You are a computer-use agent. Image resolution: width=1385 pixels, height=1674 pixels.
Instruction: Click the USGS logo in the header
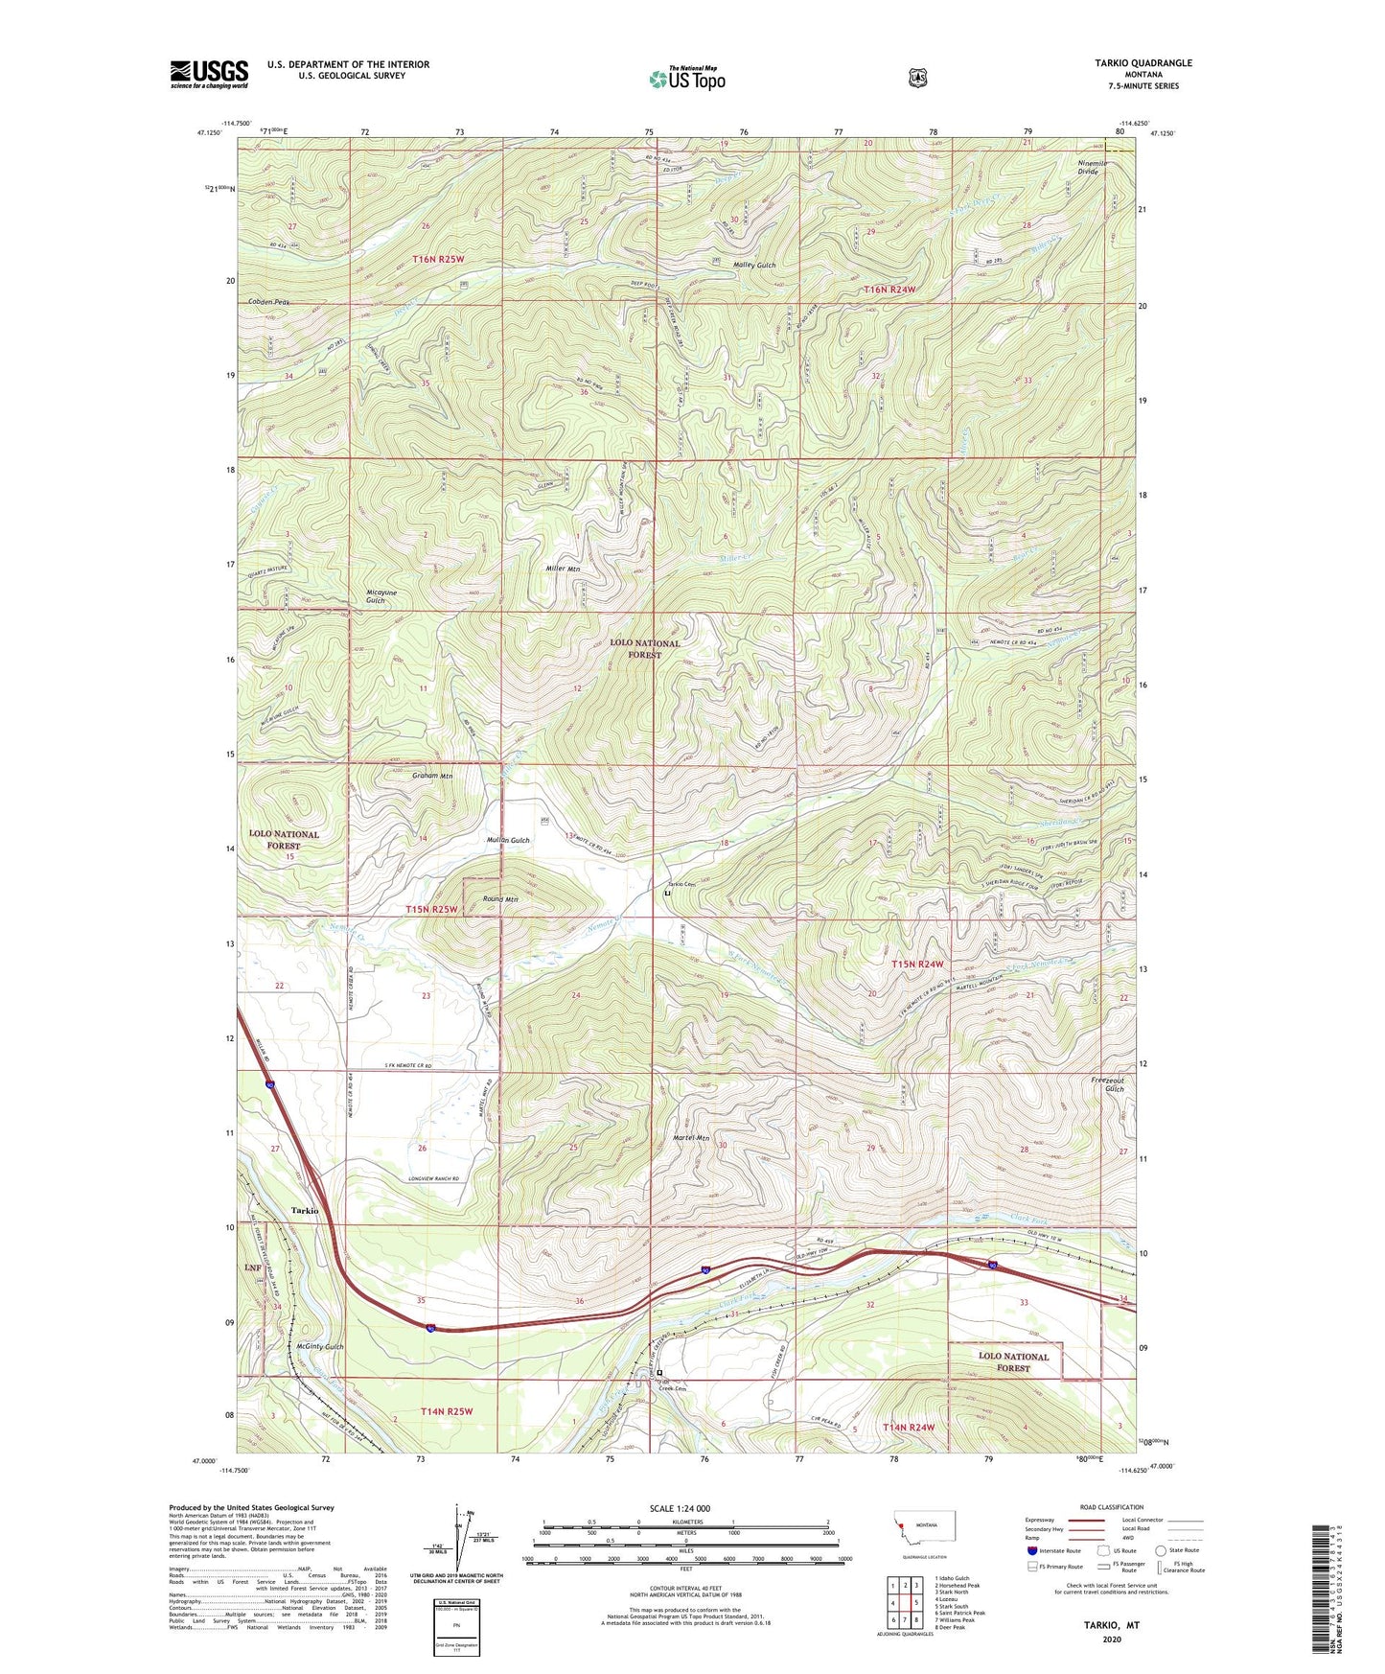209,74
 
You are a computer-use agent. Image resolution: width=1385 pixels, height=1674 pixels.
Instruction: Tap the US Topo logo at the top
685,79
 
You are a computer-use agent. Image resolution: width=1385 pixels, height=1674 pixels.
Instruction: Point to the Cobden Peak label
267,302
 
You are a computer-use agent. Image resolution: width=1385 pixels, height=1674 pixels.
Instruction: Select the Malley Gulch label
753,265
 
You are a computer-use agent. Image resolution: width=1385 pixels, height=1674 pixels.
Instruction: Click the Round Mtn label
499,899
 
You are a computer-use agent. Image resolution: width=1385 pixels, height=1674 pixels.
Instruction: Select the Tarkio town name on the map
304,1211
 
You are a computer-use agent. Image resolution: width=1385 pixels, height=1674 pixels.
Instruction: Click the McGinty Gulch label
319,1347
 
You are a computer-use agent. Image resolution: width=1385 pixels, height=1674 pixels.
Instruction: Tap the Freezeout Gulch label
1107,1084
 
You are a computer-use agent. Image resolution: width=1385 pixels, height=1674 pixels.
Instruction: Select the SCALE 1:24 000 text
680,1508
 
